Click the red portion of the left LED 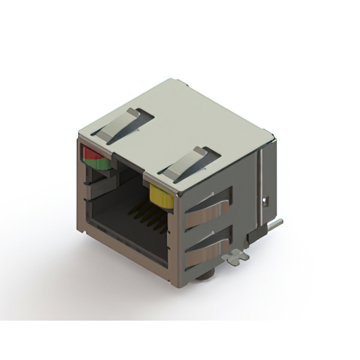tap(90, 153)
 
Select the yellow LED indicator tap(161, 198)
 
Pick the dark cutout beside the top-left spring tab tap(143, 118)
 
